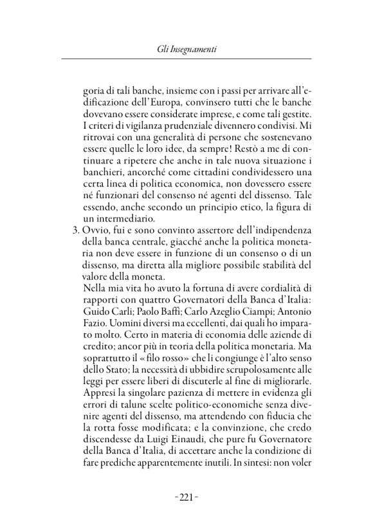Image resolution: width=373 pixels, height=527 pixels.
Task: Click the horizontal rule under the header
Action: (186, 59)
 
